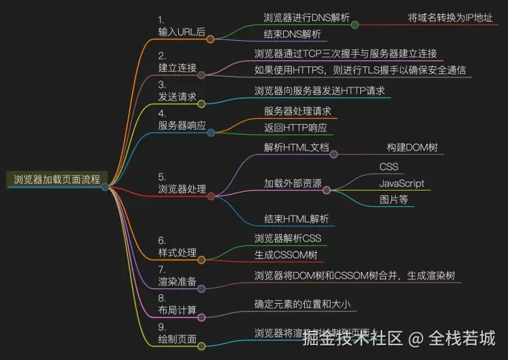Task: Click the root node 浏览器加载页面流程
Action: pos(57,180)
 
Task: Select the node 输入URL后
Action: pos(182,32)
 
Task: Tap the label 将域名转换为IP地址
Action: pos(450,18)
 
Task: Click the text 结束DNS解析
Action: pos(292,35)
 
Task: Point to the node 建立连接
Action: pos(177,68)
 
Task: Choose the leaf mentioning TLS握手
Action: pos(360,70)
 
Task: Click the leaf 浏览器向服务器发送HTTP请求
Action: pos(319,90)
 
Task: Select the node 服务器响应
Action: pos(182,125)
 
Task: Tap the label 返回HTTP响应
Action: pos(295,128)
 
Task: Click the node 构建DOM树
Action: pos(410,146)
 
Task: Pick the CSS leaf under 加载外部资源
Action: pos(389,166)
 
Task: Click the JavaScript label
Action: pos(402,183)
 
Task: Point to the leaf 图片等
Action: pos(394,200)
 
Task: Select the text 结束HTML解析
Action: pos(297,218)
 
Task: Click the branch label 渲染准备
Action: pos(177,281)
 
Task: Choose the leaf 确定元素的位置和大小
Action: pos(302,304)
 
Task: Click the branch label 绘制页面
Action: pos(177,338)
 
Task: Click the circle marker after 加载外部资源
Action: pos(326,191)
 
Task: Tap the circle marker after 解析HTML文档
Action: pos(333,154)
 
